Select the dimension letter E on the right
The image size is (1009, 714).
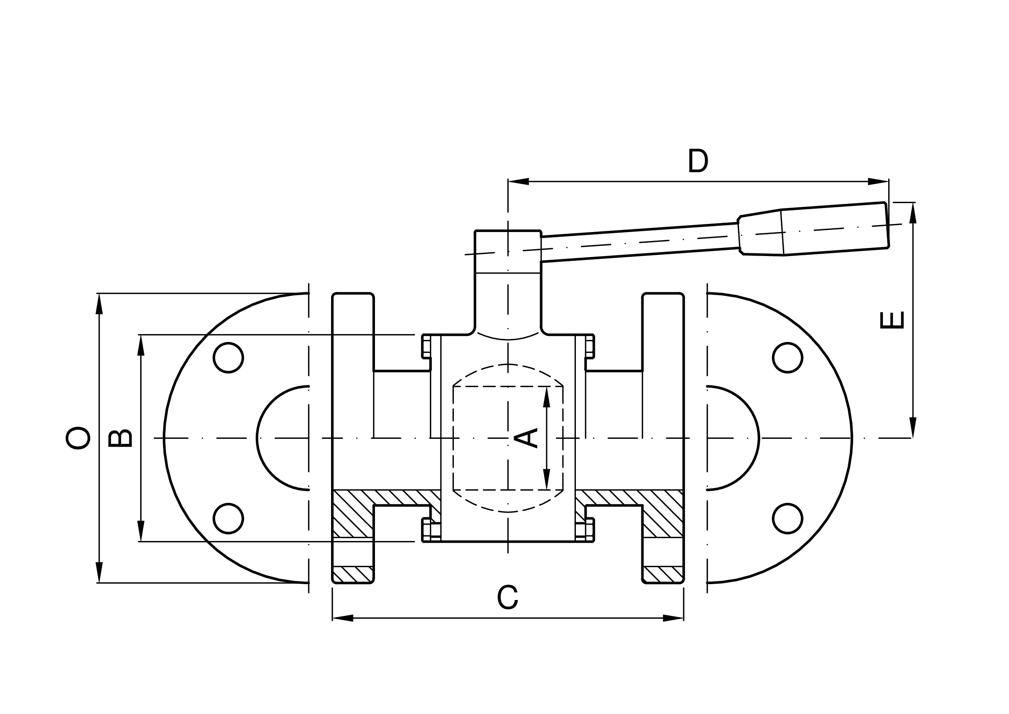[892, 320]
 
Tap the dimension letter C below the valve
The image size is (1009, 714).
[508, 598]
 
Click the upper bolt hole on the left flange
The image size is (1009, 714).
[229, 358]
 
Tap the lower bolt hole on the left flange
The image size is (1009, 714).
[229, 519]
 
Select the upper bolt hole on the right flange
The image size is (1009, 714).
[787, 358]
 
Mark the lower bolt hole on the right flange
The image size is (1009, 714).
[787, 519]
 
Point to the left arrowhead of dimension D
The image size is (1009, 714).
[519, 181]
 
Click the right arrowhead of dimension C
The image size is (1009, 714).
[673, 618]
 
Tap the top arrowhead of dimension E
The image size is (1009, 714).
[913, 213]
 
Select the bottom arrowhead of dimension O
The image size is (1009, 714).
[99, 572]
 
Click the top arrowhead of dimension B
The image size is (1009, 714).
[141, 345]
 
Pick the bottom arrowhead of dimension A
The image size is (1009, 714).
[547, 479]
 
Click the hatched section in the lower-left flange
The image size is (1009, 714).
[353, 514]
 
